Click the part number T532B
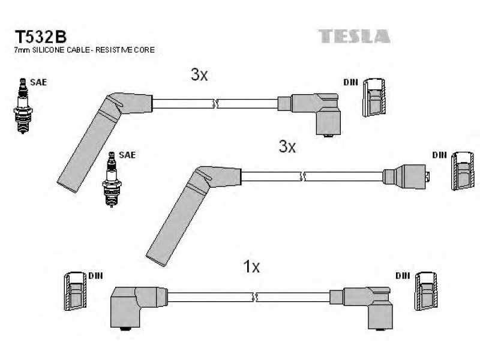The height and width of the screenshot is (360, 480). point(40,37)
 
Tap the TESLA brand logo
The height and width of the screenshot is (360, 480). point(354,36)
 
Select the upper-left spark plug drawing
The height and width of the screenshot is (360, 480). point(23,106)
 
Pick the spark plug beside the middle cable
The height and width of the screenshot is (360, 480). point(112,179)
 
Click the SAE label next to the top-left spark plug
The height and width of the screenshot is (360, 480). point(38,82)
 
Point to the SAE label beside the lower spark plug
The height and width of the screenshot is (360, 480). point(127,155)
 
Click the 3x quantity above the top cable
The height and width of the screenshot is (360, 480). point(199,74)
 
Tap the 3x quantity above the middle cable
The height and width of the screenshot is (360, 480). point(287,146)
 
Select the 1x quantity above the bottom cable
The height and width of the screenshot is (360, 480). point(251,266)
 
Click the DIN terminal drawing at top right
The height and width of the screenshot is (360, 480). point(374,97)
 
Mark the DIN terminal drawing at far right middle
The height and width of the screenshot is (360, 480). point(463,171)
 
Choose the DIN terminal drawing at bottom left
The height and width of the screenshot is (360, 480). point(76,291)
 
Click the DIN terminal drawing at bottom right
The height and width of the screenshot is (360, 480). point(427,291)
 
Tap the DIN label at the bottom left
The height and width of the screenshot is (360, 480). point(95,275)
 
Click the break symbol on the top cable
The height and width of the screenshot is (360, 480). point(215,103)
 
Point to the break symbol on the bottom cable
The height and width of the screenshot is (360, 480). point(254,296)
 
